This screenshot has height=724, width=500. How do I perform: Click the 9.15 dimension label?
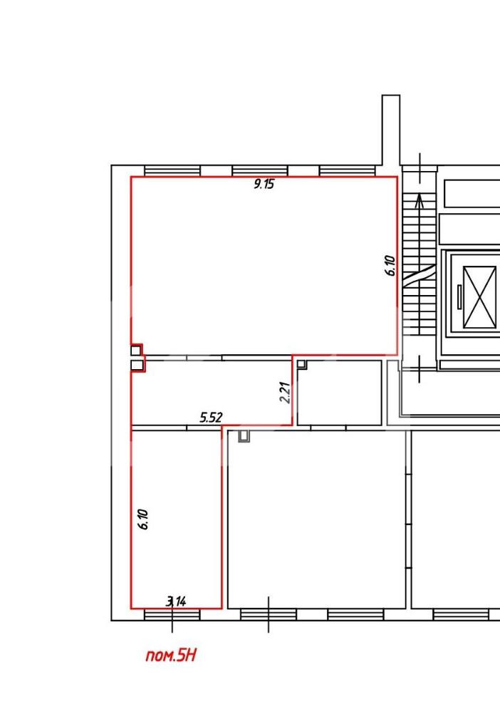(x=264, y=185)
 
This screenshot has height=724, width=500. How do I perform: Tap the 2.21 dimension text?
(x=286, y=392)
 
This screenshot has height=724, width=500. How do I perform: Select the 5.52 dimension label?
(x=211, y=418)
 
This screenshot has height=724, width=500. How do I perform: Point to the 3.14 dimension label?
(x=176, y=601)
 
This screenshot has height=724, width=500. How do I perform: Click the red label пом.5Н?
(x=171, y=655)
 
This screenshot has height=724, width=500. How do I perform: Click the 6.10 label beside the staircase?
(x=390, y=266)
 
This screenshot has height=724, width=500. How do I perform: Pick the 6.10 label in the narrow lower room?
(x=143, y=519)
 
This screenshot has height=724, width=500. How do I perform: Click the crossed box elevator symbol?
(x=479, y=297)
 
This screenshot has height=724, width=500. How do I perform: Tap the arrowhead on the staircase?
(x=420, y=200)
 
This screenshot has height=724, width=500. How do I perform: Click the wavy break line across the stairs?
(x=420, y=276)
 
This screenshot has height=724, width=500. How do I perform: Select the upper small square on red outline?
(x=136, y=351)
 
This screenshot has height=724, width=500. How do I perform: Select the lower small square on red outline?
(x=137, y=366)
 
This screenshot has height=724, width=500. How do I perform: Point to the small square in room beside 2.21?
(x=301, y=364)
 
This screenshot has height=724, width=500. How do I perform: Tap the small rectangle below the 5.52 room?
(x=244, y=436)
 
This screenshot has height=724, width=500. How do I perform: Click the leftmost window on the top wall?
(x=172, y=171)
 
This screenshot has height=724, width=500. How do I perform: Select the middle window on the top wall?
(x=260, y=171)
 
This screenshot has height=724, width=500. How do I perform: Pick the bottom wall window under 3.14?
(x=172, y=614)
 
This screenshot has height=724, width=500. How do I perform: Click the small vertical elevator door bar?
(x=459, y=297)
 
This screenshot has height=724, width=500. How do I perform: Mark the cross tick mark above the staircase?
(x=420, y=168)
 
